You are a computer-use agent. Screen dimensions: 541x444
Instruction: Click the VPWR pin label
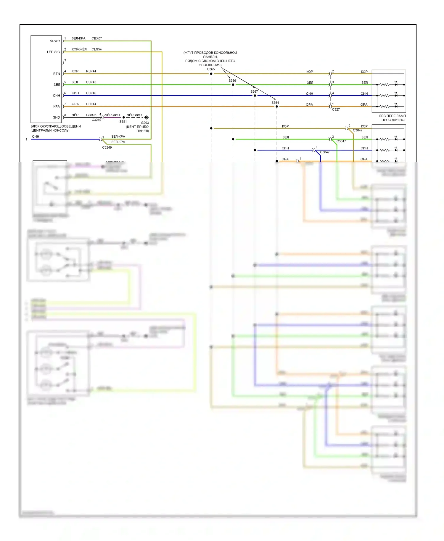click(x=55, y=41)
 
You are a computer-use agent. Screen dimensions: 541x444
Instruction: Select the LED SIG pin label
click(x=53, y=52)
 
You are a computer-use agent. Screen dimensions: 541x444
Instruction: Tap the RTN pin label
click(x=57, y=74)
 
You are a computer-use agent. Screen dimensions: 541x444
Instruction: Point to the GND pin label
click(x=56, y=117)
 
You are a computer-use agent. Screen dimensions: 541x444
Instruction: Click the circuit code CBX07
click(x=96, y=38)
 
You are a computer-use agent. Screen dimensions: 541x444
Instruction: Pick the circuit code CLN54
click(x=96, y=49)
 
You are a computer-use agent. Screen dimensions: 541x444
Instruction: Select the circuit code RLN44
click(x=91, y=71)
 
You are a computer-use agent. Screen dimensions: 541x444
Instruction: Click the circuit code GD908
click(x=91, y=115)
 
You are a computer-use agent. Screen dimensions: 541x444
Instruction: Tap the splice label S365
click(x=211, y=69)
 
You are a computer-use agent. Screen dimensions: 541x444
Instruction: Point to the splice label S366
click(x=232, y=80)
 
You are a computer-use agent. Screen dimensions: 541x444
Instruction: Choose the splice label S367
click(x=254, y=91)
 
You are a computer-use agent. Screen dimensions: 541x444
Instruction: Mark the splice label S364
click(x=275, y=103)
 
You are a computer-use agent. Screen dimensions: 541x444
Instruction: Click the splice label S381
click(x=123, y=122)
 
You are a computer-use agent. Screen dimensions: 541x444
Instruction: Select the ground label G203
click(x=145, y=123)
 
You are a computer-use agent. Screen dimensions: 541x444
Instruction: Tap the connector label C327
click(x=336, y=110)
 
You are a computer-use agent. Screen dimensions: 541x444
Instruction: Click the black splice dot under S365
click(x=211, y=74)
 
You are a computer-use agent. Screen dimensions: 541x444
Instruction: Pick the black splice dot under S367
click(x=255, y=96)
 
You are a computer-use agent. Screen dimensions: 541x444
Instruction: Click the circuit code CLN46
click(x=91, y=93)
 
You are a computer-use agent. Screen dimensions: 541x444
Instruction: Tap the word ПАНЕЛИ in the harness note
click(x=210, y=57)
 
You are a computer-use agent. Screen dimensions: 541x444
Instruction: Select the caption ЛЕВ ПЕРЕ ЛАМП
click(x=392, y=116)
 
